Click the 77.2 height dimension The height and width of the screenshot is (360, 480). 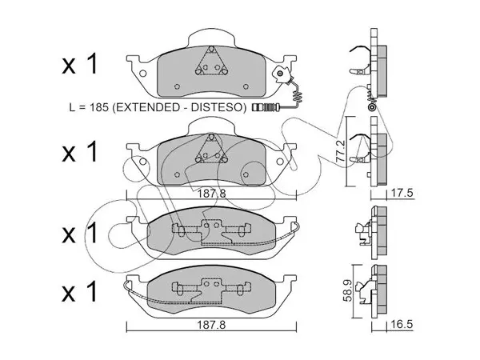tap(341, 151)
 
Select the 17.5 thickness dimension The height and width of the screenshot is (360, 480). tap(402, 193)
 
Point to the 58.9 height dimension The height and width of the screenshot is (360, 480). tap(348, 290)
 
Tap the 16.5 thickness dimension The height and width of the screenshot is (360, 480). tap(402, 324)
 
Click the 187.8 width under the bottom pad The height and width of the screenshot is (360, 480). tap(211, 325)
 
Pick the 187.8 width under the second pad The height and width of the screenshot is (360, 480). tap(211, 193)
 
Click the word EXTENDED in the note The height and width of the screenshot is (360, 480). tap(146, 107)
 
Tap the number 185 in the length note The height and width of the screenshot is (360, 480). tap(98, 107)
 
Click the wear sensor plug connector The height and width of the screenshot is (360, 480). tap(265, 107)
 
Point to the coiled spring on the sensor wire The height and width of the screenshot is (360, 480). tap(298, 96)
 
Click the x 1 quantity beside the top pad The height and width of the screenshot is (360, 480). tap(79, 64)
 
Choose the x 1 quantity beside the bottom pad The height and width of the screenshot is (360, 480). tap(79, 291)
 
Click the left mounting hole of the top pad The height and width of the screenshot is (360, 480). tap(142, 74)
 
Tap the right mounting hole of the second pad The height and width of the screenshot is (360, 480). tap(280, 162)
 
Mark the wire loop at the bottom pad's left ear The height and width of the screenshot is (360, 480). tap(126, 286)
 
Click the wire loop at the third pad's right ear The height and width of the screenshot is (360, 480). tap(297, 227)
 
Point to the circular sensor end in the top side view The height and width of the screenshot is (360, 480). tap(372, 107)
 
